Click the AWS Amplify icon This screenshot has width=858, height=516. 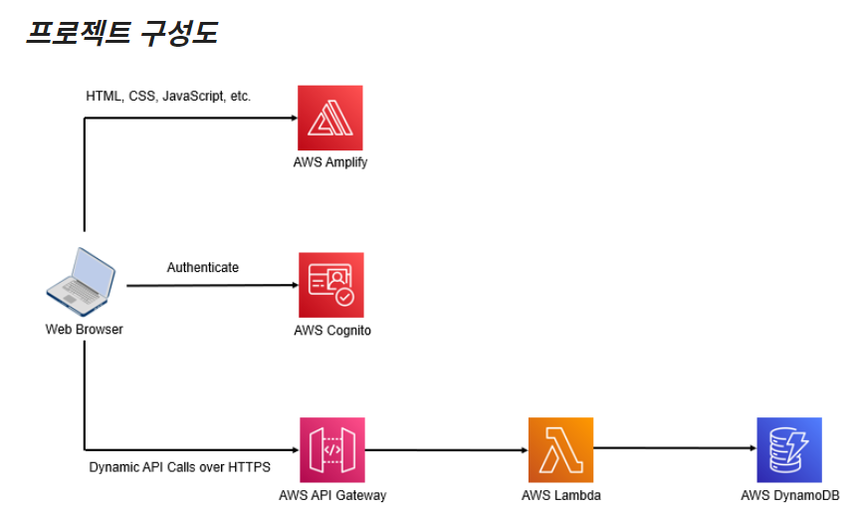pos(330,118)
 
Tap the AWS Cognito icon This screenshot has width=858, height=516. pos(331,285)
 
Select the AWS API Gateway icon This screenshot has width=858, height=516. pos(332,450)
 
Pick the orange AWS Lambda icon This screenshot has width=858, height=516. pos(560,450)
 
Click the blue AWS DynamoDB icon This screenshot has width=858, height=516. pos(789,450)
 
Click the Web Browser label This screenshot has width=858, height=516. pos(85,330)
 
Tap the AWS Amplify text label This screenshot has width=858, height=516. pos(330,162)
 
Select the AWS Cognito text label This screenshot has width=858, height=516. pos(332,331)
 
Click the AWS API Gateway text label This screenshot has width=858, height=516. pos(332,495)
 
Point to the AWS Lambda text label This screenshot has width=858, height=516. pos(561,495)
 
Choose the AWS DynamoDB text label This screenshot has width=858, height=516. pos(790,495)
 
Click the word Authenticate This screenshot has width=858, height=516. pos(203,267)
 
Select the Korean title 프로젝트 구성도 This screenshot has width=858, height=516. pos(120,34)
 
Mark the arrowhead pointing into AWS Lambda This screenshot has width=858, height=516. pos(523,450)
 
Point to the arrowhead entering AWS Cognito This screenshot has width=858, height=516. pos(293,286)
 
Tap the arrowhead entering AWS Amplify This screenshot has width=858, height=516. pos(293,118)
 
